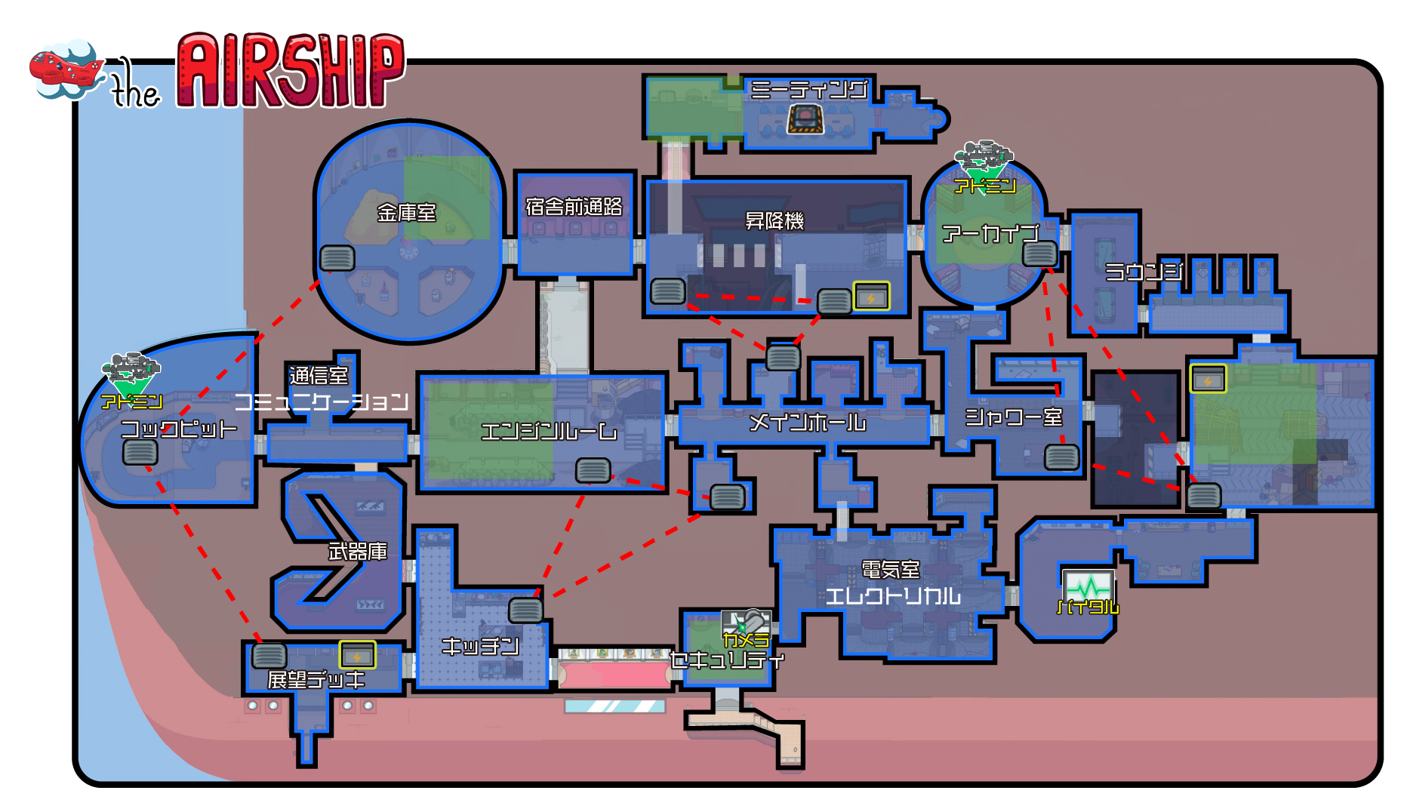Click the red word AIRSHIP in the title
pos(291,72)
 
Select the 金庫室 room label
pos(407,213)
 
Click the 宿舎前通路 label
pos(574,207)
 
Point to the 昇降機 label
pos(774,221)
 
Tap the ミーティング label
pos(808,90)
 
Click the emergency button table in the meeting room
pos(805,119)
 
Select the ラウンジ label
pos(1144,272)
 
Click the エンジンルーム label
pos(549,432)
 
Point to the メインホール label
pos(807,423)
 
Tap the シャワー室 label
pos(1014,417)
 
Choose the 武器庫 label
pos(358,552)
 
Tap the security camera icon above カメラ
pos(746,623)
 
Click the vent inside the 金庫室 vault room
pos(337,258)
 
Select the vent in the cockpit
pos(140,452)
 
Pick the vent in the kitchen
pos(525,610)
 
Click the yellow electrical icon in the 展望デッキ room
pos(357,655)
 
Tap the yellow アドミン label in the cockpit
pos(132,401)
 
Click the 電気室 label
pos(891,570)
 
